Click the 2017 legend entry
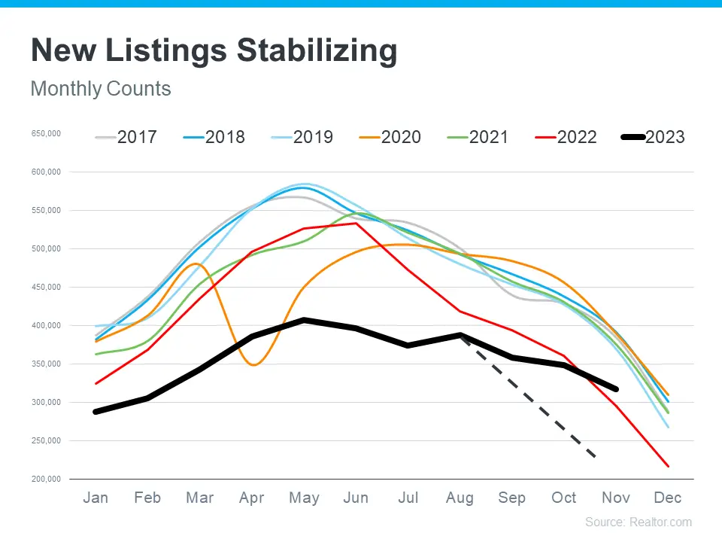pyautogui.click(x=126, y=137)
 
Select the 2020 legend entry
pyautogui.click(x=390, y=137)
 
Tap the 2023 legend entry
pyautogui.click(x=654, y=137)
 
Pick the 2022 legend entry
pyautogui.click(x=566, y=137)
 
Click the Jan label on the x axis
pyautogui.click(x=96, y=498)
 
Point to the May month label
pyautogui.click(x=304, y=498)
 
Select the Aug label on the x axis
pyautogui.click(x=460, y=498)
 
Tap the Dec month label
pyautogui.click(x=668, y=498)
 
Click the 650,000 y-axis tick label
pyautogui.click(x=46, y=134)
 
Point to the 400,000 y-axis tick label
pyautogui.click(x=46, y=326)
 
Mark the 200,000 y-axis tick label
pyautogui.click(x=46, y=480)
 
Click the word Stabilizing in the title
pyautogui.click(x=317, y=51)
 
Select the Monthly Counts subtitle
pyautogui.click(x=101, y=89)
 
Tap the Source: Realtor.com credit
pyautogui.click(x=639, y=522)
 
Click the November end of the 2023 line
pyautogui.click(x=616, y=389)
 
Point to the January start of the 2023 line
pyautogui.click(x=96, y=412)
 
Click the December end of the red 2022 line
pyautogui.click(x=668, y=466)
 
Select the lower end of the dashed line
pyautogui.click(x=596, y=457)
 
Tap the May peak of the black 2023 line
pyautogui.click(x=304, y=320)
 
